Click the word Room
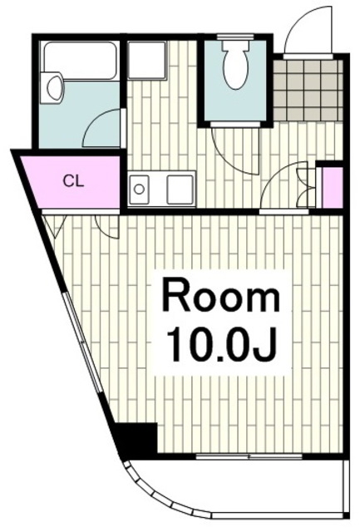pos(221,295)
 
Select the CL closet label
pos(73,182)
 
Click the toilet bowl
pos(235,65)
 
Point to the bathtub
pos(80,61)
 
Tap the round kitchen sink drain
pos(139,189)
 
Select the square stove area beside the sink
pos(179,190)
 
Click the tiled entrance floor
pos(308,91)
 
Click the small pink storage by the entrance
pos(332,188)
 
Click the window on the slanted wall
pos(83,342)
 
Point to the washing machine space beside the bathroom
pos(146,61)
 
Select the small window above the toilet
pos(235,37)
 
